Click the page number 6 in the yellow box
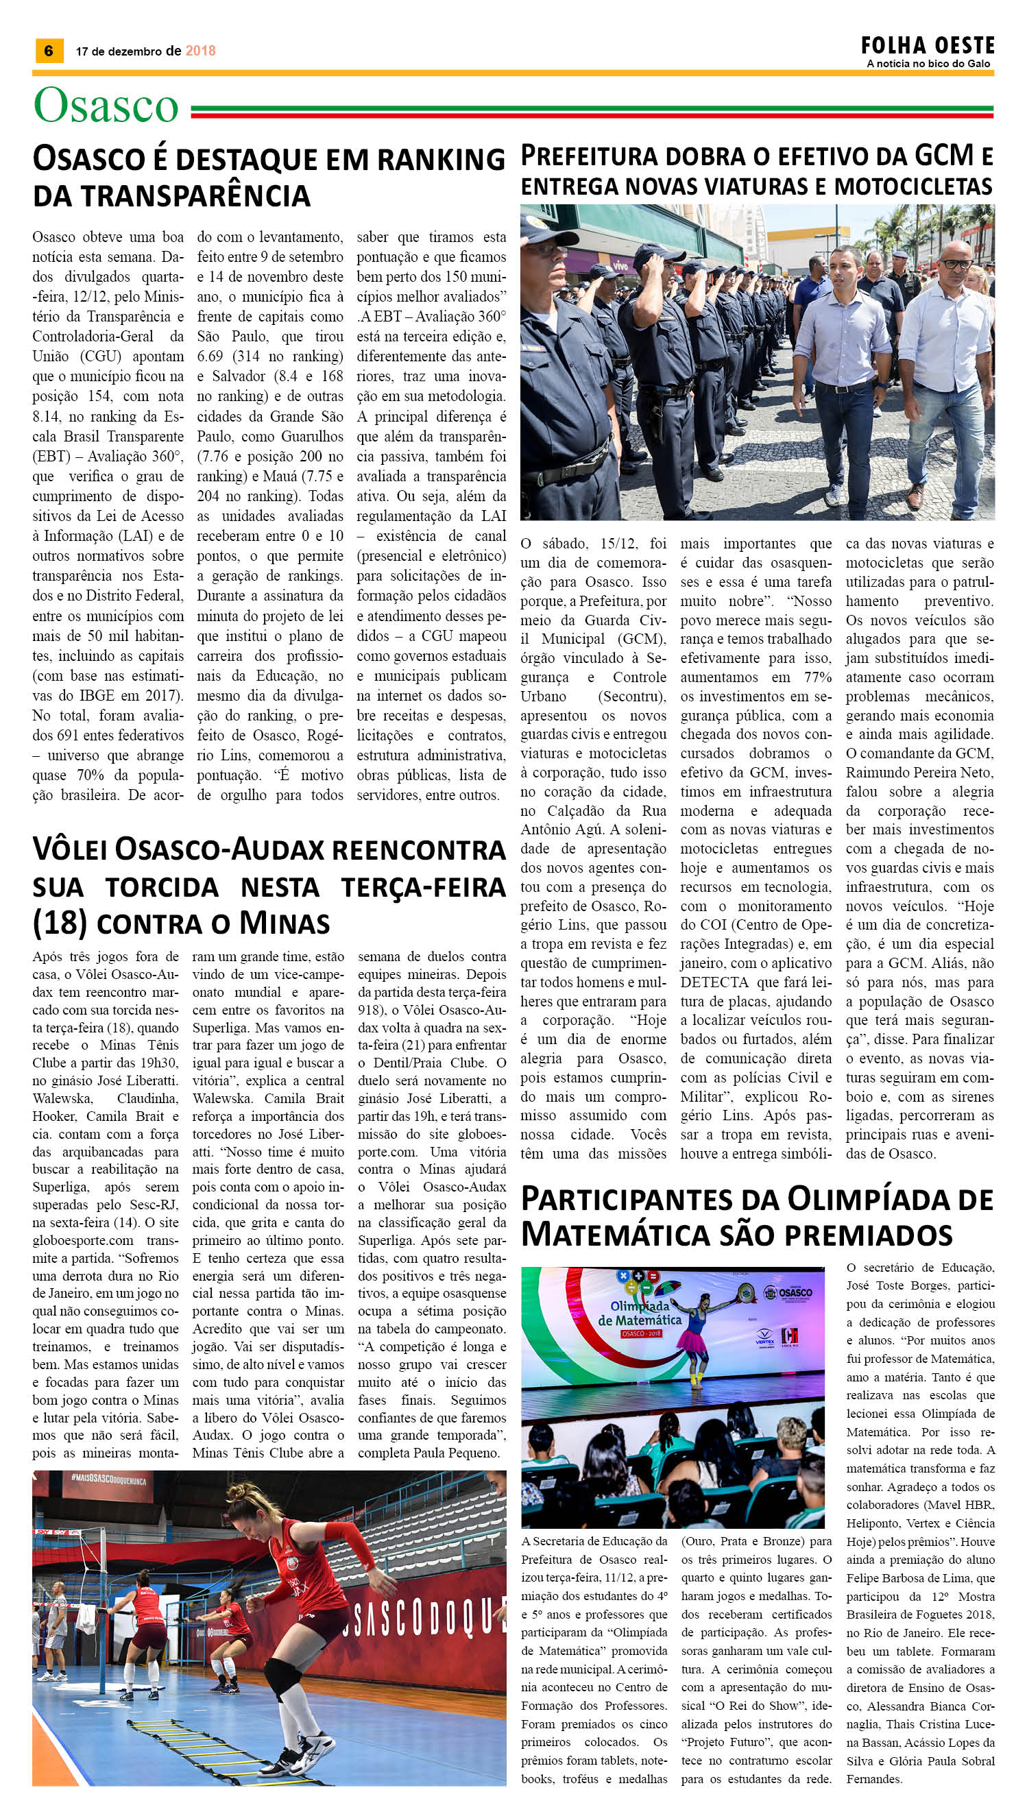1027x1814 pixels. [49, 51]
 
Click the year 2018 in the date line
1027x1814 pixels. [200, 51]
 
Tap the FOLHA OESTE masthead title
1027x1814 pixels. [927, 47]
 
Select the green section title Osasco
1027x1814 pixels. [106, 106]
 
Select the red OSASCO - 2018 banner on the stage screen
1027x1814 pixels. [639, 1333]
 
